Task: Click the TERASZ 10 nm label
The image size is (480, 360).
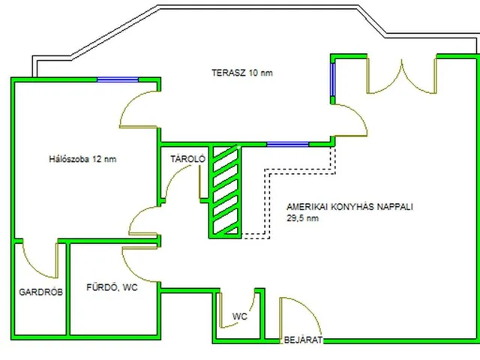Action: pyautogui.click(x=241, y=73)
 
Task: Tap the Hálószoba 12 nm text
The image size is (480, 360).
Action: pyautogui.click(x=82, y=159)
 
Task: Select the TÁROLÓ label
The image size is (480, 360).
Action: pyautogui.click(x=187, y=159)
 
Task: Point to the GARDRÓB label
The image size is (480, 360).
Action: pyautogui.click(x=40, y=292)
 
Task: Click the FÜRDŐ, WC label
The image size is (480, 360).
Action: pyautogui.click(x=112, y=287)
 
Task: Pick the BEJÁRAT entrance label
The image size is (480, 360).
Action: pyautogui.click(x=303, y=340)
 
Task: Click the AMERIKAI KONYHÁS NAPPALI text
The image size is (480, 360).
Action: pyautogui.click(x=349, y=207)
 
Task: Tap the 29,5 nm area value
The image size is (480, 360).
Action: pyautogui.click(x=302, y=218)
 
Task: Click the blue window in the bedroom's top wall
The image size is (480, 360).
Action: pyautogui.click(x=118, y=79)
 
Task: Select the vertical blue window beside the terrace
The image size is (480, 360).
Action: pyautogui.click(x=333, y=79)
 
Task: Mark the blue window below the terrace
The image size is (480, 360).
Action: pyautogui.click(x=287, y=144)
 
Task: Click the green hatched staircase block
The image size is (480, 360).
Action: pyautogui.click(x=225, y=192)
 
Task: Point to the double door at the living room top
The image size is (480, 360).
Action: pyautogui.click(x=402, y=76)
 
